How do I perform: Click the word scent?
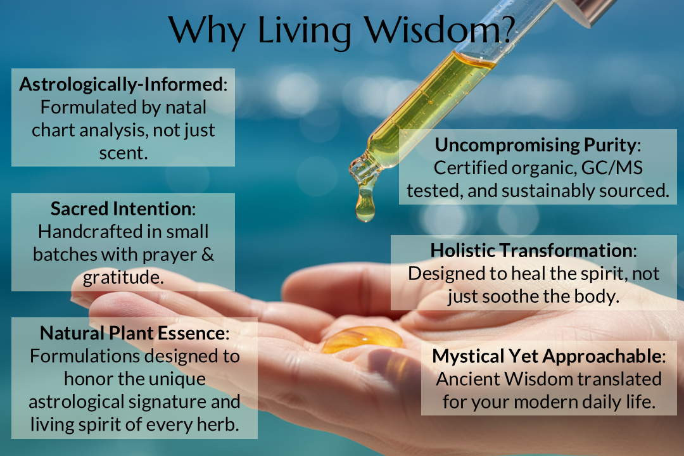tap(123, 153)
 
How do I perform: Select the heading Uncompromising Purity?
tap(535, 145)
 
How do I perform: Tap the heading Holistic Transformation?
tap(531, 250)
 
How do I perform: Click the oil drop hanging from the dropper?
tap(365, 208)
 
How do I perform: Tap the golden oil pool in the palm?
tap(362, 340)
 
